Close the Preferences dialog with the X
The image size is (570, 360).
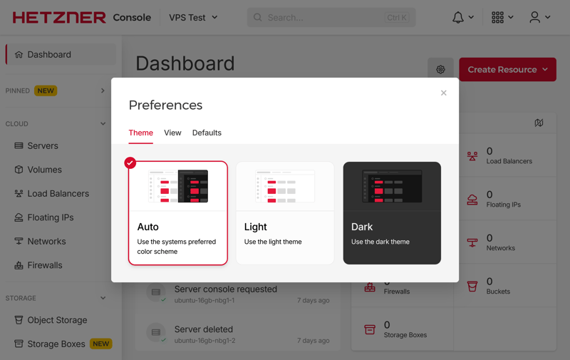pos(443,93)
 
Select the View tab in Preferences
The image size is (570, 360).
pos(172,133)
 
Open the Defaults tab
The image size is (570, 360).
pos(207,133)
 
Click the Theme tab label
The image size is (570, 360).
pos(140,133)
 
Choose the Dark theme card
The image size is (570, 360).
pos(392,213)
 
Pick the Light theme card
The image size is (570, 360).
pos(285,213)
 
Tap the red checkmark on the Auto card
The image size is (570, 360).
pos(130,163)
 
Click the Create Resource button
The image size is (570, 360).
pos(507,69)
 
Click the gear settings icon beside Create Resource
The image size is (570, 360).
pos(440,69)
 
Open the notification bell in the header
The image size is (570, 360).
pos(458,17)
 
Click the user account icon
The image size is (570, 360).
pos(535,17)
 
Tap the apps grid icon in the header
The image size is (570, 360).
pos(497,17)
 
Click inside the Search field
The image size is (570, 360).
pos(331,17)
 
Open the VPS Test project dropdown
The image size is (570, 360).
pos(193,17)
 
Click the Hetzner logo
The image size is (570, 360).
pos(59,17)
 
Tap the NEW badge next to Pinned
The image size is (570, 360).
pos(46,91)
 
